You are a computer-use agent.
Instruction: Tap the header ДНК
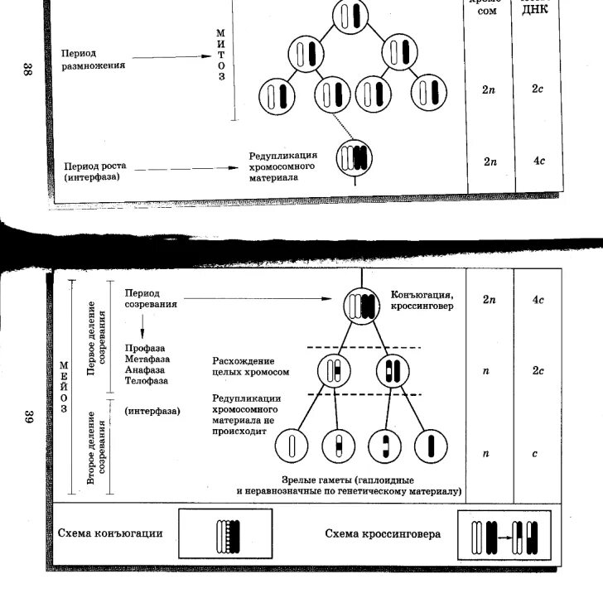coord(536,10)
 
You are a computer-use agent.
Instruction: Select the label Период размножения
coord(93,60)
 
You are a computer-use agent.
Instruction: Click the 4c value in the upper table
coord(538,160)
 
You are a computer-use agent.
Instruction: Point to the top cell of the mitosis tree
coord(349,17)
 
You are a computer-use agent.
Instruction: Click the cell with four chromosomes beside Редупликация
coord(355,157)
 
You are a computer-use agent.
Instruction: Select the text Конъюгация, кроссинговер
coord(421,301)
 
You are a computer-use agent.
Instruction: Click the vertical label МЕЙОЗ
coord(63,386)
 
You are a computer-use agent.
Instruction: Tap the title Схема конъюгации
coord(110,533)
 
